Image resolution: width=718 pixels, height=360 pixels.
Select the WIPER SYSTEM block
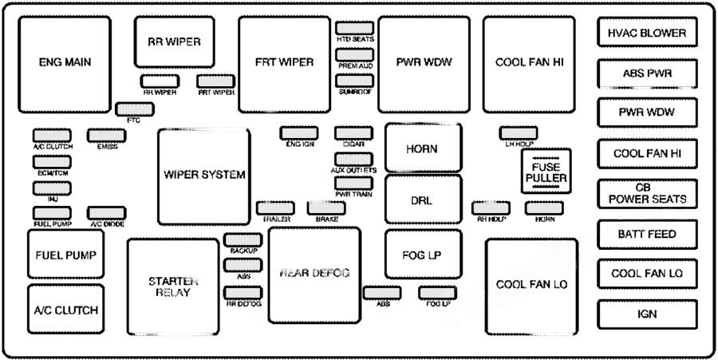[x=203, y=176]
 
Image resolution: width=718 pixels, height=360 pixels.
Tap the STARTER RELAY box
[x=173, y=286]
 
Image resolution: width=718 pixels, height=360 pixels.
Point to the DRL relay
[x=423, y=200]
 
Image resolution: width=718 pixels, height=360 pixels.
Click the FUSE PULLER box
[x=546, y=171]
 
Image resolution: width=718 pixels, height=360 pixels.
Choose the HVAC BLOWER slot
[x=647, y=34]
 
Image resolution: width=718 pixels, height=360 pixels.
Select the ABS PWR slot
[x=647, y=73]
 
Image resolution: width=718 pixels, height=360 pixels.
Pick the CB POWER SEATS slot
[x=647, y=192]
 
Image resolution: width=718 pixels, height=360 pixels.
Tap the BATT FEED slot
[x=647, y=234]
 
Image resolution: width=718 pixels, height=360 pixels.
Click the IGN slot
[x=647, y=314]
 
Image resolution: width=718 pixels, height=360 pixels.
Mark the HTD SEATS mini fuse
[x=355, y=28]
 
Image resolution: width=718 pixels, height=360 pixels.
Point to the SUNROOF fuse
[x=355, y=81]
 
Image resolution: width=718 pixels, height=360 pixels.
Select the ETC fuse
[x=130, y=109]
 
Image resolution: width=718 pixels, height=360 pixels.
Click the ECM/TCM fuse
[x=52, y=162]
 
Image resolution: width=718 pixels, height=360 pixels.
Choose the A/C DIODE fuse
[x=106, y=212]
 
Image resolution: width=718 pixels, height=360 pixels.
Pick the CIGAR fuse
[x=354, y=133]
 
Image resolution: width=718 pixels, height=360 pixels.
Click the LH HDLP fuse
[x=519, y=133]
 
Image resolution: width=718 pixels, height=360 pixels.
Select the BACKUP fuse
[x=243, y=239]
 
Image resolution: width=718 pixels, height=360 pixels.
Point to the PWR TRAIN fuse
[x=354, y=183]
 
